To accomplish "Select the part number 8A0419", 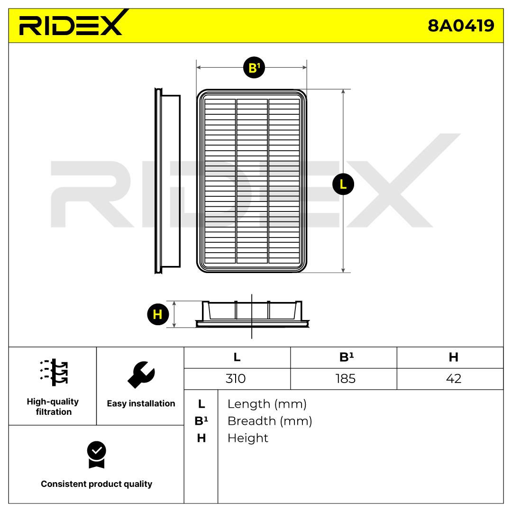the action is (x=461, y=26).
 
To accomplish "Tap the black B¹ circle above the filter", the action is (x=254, y=68).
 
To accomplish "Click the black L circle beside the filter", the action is (x=343, y=184).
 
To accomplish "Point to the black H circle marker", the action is (x=158, y=314).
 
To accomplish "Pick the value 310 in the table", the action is (x=236, y=378).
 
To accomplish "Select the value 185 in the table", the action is (x=345, y=378).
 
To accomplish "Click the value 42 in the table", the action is (x=454, y=378).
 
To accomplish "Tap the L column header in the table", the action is (x=237, y=357).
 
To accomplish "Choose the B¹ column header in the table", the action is (x=347, y=357).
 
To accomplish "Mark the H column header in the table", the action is (x=453, y=357).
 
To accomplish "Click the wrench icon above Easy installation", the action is (x=141, y=375).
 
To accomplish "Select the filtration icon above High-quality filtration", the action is (x=54, y=372).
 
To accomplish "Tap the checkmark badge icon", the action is (x=97, y=455).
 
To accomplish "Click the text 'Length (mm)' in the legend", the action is (x=267, y=404).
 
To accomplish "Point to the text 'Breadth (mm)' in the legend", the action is (x=270, y=421).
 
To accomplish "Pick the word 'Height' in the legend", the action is (x=248, y=438).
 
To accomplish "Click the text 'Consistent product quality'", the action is (x=96, y=484).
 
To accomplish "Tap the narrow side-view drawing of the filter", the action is (x=167, y=181).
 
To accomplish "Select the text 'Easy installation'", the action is (x=141, y=403).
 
